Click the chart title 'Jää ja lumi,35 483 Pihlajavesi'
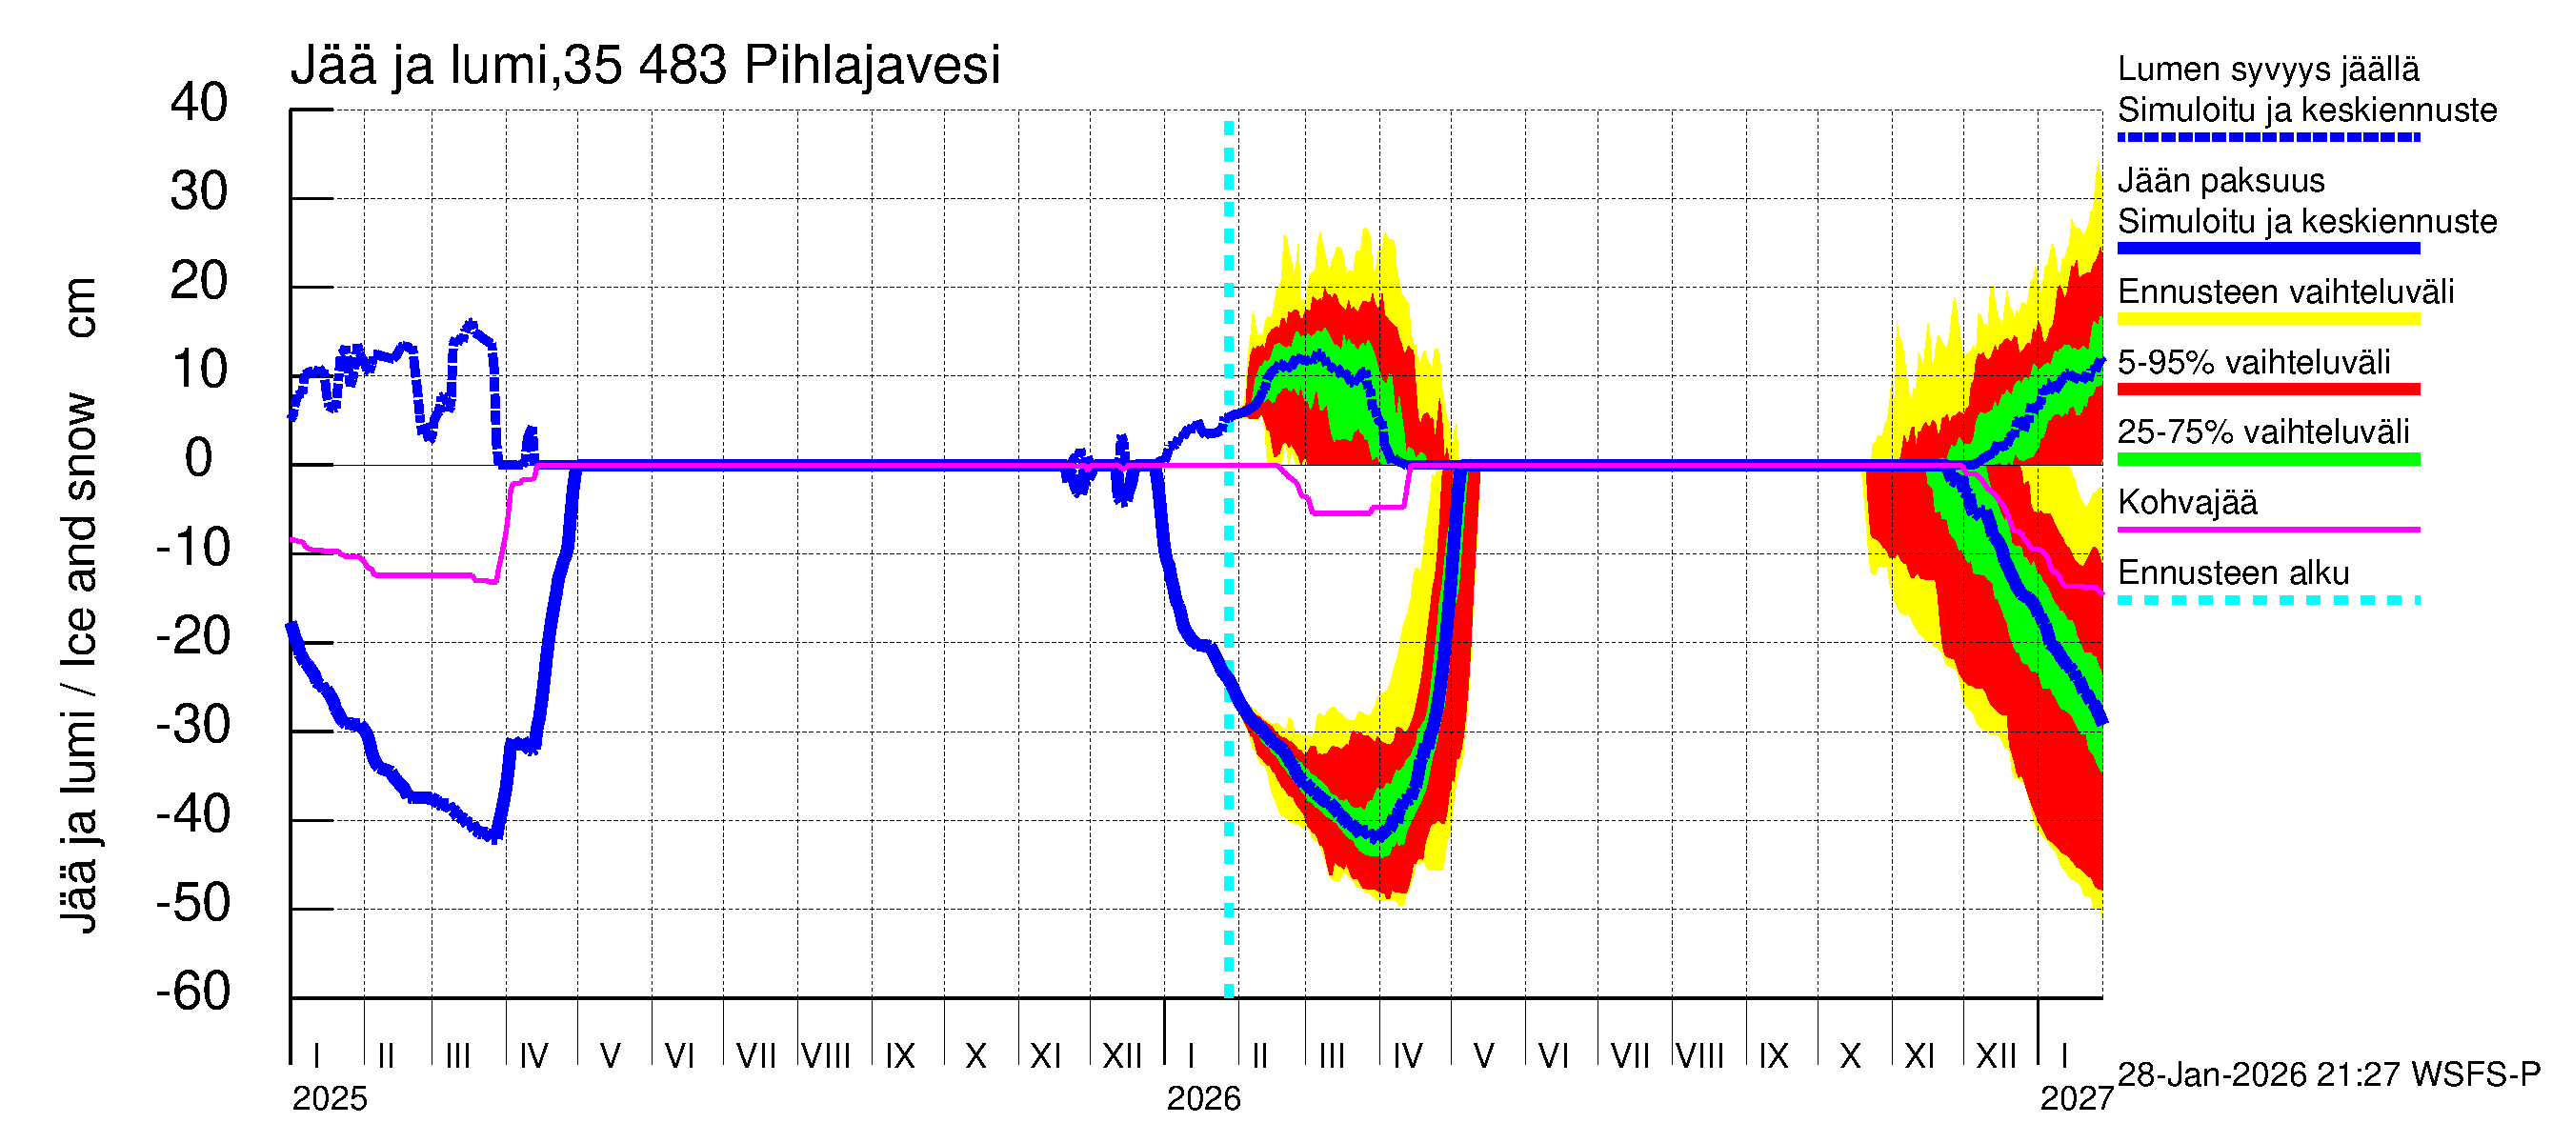pyautogui.click(x=644, y=66)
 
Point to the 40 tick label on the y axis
pyautogui.click(x=199, y=103)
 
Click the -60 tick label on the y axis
pyautogui.click(x=193, y=992)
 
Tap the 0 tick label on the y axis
pyautogui.click(x=199, y=458)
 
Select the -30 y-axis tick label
pyautogui.click(x=193, y=725)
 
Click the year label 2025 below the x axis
pyautogui.click(x=330, y=1099)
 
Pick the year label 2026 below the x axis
pyautogui.click(x=1203, y=1099)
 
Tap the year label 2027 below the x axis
pyautogui.click(x=2076, y=1099)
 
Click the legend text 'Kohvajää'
pyautogui.click(x=2186, y=502)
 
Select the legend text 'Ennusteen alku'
pyautogui.click(x=2233, y=573)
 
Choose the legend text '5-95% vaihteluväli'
pyautogui.click(x=2254, y=362)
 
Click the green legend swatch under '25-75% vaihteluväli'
pyautogui.click(x=2267, y=459)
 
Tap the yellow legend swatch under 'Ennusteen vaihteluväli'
pyautogui.click(x=2267, y=319)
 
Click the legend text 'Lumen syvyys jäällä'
pyautogui.click(x=2267, y=70)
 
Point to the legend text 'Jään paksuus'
pyautogui.click(x=2220, y=181)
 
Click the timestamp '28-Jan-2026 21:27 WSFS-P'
pyautogui.click(x=2328, y=1075)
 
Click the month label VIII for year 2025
pyautogui.click(x=826, y=1055)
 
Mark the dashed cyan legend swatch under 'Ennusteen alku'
pyautogui.click(x=2267, y=600)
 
